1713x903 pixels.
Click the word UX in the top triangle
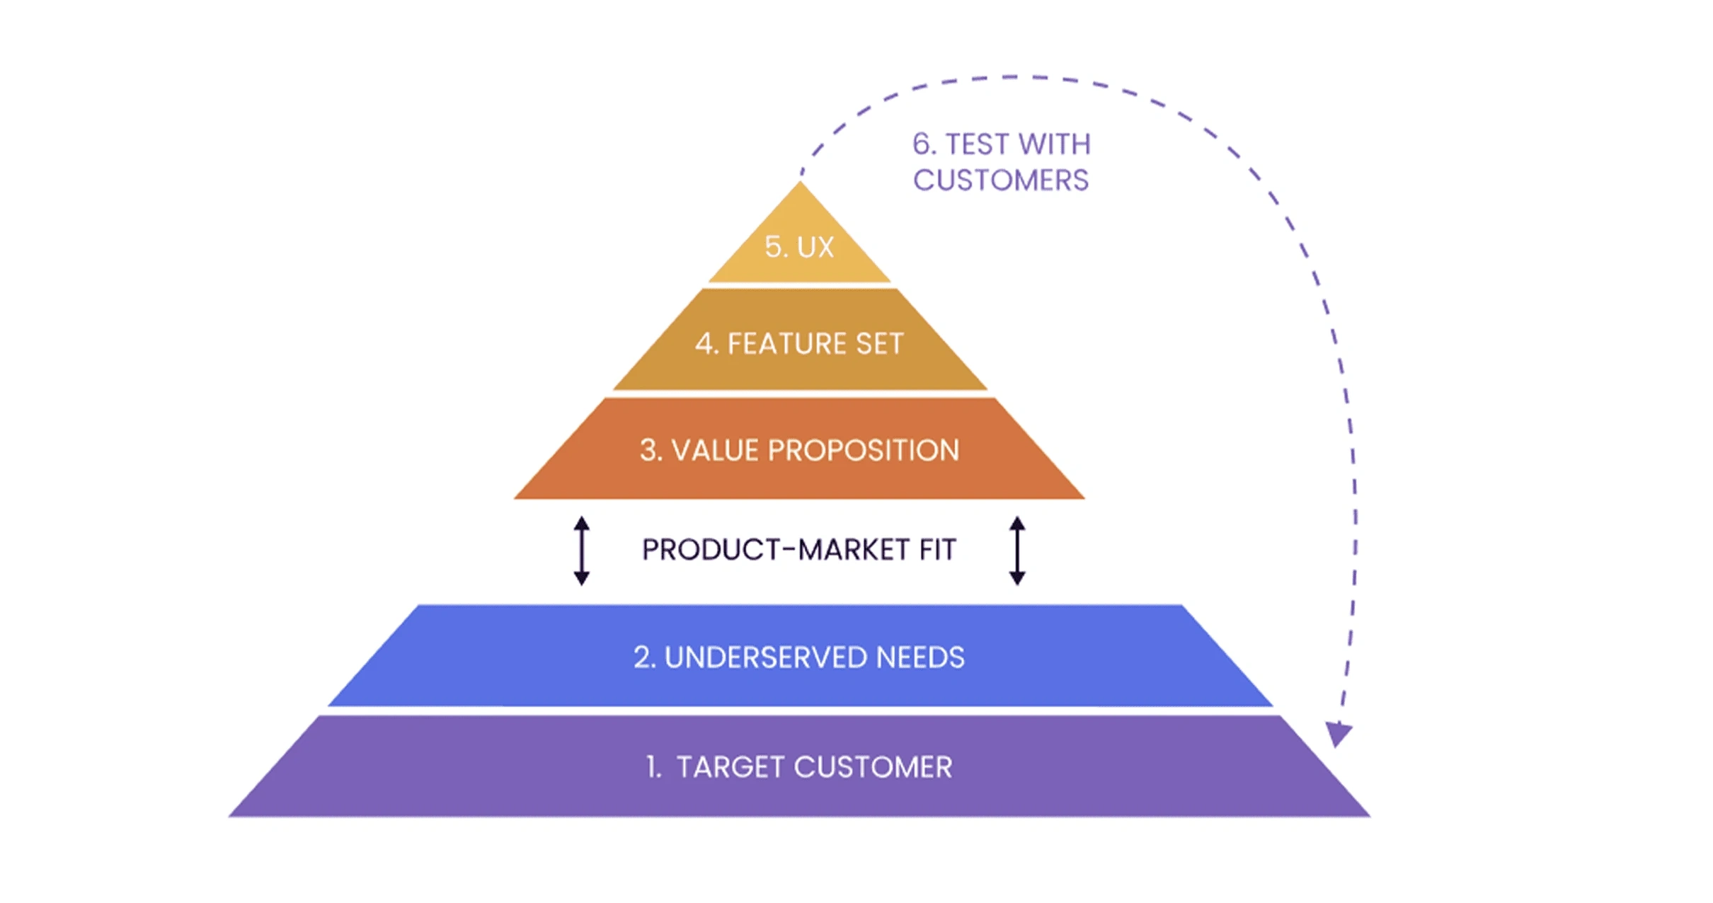(x=815, y=247)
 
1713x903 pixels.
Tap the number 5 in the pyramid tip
(x=774, y=247)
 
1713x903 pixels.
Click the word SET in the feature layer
(x=880, y=344)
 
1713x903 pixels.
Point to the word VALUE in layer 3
(x=714, y=451)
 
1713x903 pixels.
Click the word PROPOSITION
(x=864, y=451)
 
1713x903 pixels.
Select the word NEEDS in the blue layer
(x=920, y=657)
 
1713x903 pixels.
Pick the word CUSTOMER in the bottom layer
(x=873, y=767)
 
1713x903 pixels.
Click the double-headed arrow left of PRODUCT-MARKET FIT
(x=582, y=551)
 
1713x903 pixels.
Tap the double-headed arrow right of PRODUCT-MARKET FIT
(x=1017, y=551)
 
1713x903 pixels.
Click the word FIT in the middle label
(x=938, y=550)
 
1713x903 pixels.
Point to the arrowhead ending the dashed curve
(x=1338, y=734)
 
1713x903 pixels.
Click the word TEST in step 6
(x=977, y=144)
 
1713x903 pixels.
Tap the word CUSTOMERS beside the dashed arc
(x=1001, y=180)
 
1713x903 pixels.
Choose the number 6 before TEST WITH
(x=922, y=144)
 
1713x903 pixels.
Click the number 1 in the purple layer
(x=652, y=767)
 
